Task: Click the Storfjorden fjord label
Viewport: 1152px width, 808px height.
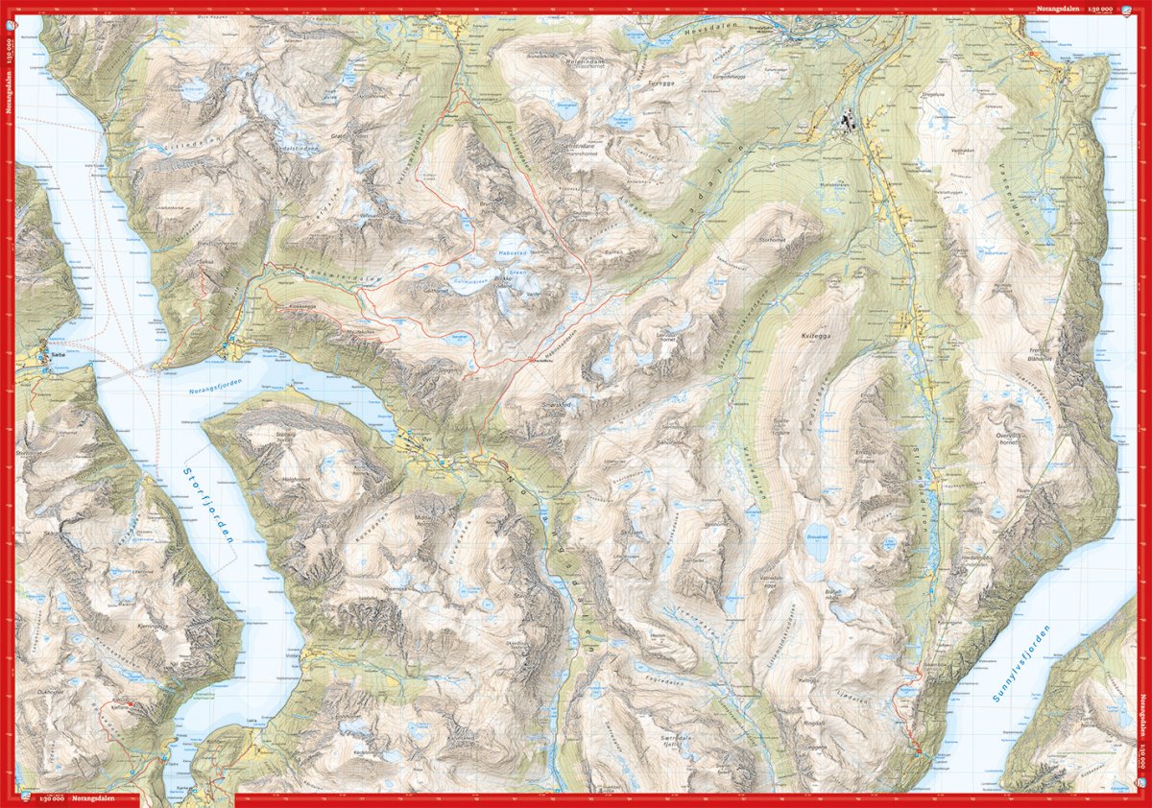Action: click(208, 504)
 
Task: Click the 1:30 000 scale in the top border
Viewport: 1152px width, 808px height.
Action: click(1099, 8)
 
